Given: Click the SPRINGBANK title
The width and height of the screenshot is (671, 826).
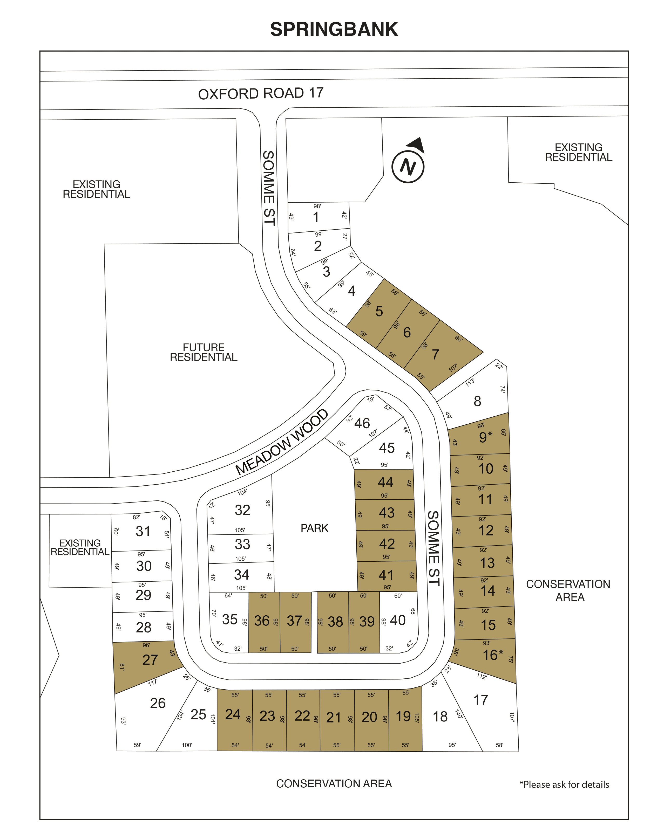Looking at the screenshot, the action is click(334, 29).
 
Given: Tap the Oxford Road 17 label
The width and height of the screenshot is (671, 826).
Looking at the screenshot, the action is click(261, 93).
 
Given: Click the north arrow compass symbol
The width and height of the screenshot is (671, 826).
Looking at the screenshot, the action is click(409, 162).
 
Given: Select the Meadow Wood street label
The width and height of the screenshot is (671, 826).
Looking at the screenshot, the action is click(282, 442).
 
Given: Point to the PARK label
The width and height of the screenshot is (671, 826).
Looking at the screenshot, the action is click(314, 528).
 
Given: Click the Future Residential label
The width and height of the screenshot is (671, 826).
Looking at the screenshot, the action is click(204, 352).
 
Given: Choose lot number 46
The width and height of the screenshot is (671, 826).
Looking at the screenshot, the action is click(362, 423).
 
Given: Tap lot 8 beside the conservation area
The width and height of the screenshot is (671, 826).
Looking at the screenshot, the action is click(477, 401).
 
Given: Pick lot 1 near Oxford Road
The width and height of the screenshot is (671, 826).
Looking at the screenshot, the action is click(316, 217).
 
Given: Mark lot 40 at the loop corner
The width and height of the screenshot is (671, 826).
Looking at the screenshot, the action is click(398, 620).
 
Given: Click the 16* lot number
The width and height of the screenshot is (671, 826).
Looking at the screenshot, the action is click(493, 655).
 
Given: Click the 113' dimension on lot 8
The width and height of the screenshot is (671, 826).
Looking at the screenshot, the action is click(470, 382).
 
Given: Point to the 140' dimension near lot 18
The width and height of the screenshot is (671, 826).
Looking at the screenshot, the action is click(459, 714).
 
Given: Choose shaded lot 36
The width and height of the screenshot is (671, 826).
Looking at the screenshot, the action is click(262, 621).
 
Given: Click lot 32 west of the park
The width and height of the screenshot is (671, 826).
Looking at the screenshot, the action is click(242, 510).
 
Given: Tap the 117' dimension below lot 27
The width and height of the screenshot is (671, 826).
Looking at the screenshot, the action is click(153, 682).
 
